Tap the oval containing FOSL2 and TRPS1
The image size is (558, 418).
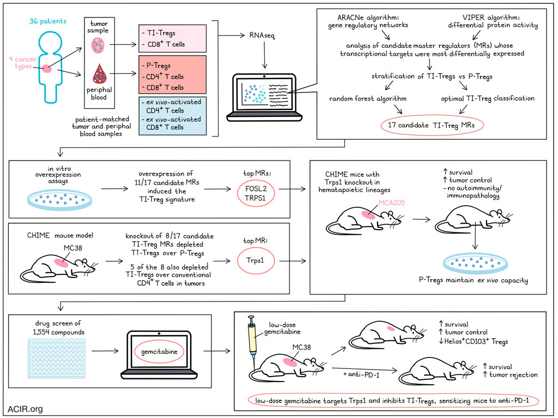pos(254,192)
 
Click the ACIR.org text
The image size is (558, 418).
pos(25,408)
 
